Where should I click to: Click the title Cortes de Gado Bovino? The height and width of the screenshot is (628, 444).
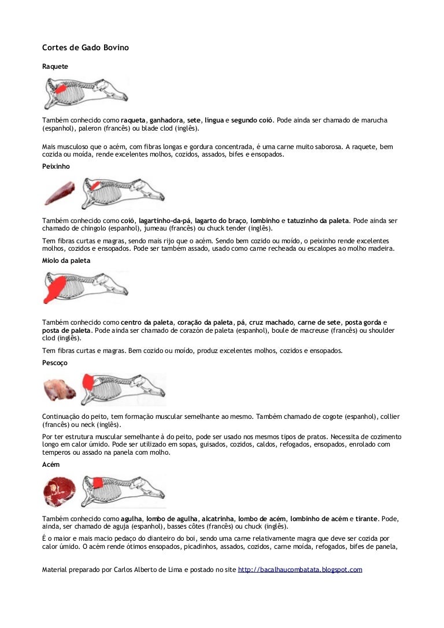86,47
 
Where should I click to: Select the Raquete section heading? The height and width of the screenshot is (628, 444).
55,66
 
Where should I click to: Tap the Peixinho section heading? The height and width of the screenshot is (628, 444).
55,166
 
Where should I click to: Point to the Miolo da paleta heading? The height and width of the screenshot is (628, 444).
66,261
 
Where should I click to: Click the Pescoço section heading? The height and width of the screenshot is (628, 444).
54,363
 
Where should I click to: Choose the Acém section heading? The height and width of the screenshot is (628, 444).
50,465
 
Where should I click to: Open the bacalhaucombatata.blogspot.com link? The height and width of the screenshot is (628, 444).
300,570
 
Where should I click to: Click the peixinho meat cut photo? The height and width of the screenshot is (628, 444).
60,193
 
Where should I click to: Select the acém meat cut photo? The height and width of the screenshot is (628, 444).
60,492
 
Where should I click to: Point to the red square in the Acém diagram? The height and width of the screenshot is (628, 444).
97,482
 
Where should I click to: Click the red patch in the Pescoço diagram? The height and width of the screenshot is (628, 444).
88,381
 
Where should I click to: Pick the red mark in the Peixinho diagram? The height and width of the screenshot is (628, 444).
95,185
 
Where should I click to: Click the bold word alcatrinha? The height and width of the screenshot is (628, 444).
217,519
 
